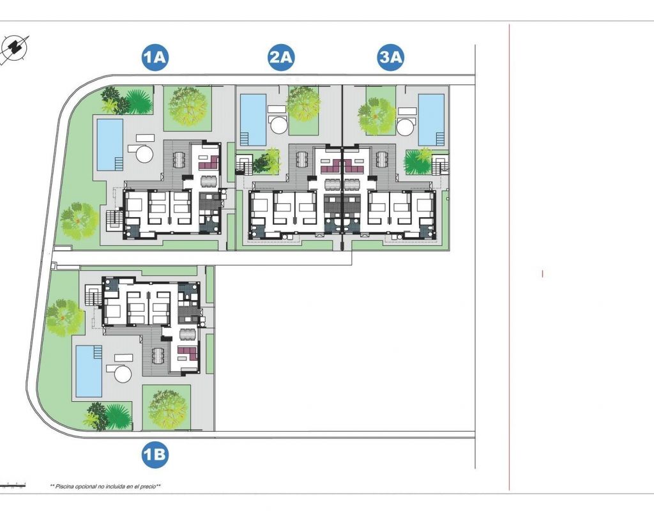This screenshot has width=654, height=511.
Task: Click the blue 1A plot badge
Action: coord(155,56)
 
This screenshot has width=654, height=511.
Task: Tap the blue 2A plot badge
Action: coord(281,56)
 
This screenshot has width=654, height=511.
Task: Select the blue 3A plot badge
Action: coord(391,56)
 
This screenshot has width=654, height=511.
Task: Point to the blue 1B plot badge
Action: coord(155,454)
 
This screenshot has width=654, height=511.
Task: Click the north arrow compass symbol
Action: coord(15,49)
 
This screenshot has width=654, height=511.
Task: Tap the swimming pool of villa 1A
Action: coord(110,145)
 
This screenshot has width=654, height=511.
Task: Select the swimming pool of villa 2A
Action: coord(253,119)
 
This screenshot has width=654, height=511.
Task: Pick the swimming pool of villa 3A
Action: coord(432,119)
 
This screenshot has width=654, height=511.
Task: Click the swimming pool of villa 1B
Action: coord(89,371)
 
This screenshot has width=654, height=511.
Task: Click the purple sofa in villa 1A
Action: coord(209,162)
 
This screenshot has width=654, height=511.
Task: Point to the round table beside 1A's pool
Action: coord(145,154)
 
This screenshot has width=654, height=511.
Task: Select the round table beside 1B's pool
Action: coord(123,373)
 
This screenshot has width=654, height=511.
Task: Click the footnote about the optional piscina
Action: coord(105,486)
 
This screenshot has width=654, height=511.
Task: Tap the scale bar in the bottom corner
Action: coord(13,485)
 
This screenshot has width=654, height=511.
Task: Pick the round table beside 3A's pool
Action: coord(406,126)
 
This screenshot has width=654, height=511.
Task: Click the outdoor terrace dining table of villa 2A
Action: coord(301,158)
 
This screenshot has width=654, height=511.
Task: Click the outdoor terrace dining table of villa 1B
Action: coord(158,355)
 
